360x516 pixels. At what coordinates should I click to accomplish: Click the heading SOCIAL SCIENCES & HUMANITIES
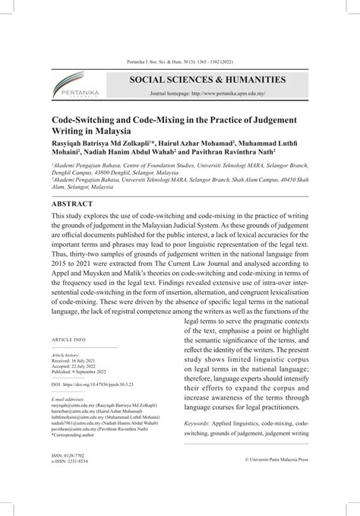tap(197, 79)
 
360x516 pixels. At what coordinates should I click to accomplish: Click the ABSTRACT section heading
tap(71, 204)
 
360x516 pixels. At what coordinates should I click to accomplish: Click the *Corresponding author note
tap(77, 435)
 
